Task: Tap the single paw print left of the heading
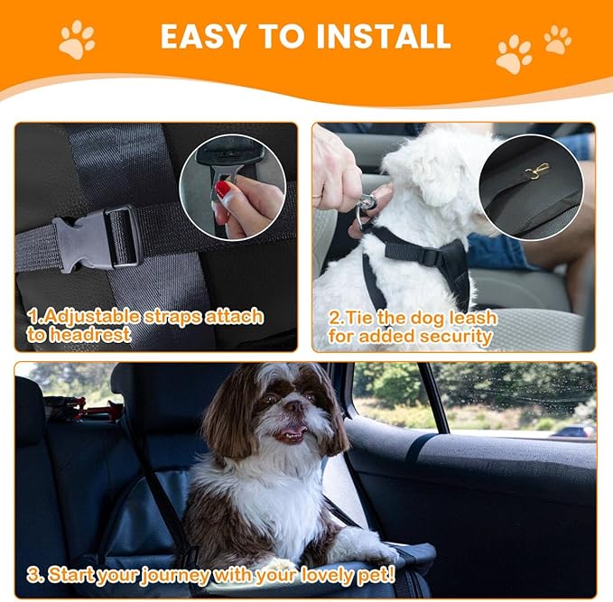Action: (x=76, y=40)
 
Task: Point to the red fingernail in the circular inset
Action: (x=223, y=190)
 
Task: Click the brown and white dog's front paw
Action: (x=379, y=552)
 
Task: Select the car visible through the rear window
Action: (x=573, y=431)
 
